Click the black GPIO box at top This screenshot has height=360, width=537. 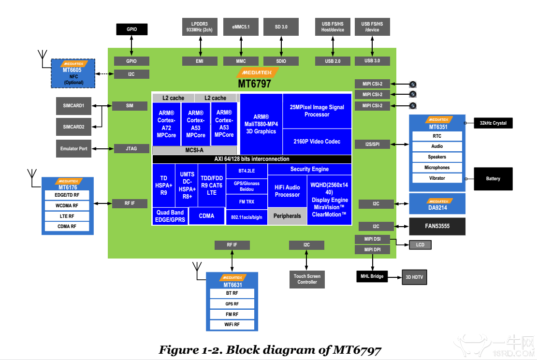[x=131, y=29]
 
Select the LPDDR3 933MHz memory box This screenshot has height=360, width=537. [x=199, y=27]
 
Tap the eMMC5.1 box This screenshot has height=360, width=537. [x=241, y=27]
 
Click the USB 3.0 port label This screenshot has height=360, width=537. [x=372, y=61]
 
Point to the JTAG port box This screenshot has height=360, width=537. [x=131, y=149]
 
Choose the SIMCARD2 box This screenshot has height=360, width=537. [x=73, y=127]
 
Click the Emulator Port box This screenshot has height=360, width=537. [x=73, y=148]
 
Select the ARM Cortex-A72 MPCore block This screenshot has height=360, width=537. [x=166, y=124]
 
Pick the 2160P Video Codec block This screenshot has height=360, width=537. [x=317, y=142]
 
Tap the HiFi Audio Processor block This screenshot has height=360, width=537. [x=287, y=191]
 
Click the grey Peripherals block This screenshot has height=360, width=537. [x=287, y=216]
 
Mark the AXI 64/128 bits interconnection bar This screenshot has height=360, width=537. [x=251, y=159]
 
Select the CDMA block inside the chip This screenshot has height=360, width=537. [x=206, y=216]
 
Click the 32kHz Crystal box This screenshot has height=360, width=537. [x=493, y=123]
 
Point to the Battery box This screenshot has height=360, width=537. [x=493, y=179]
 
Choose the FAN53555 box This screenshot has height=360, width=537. [x=437, y=226]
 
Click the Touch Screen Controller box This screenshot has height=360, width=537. [x=307, y=279]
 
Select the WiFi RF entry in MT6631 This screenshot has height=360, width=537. [x=232, y=325]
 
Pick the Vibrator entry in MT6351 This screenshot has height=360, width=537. [x=436, y=178]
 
